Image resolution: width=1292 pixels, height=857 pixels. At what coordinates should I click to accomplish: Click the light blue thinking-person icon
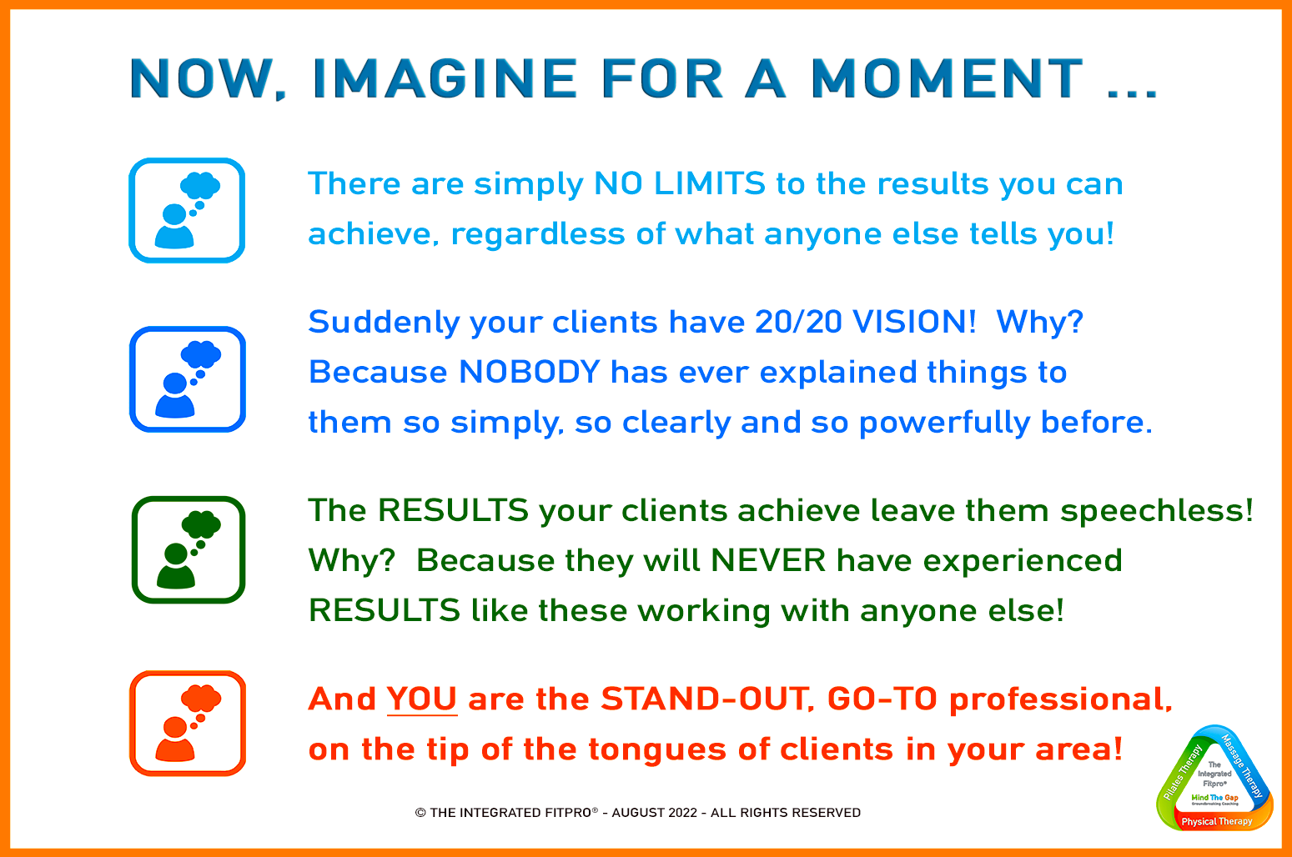pyautogui.click(x=187, y=210)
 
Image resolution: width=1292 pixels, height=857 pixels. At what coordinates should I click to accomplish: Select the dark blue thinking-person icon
pyautogui.click(x=188, y=379)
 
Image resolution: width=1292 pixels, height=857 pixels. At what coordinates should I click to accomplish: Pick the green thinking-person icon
pyautogui.click(x=189, y=550)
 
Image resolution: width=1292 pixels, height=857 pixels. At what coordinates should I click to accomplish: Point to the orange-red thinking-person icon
pyautogui.click(x=188, y=724)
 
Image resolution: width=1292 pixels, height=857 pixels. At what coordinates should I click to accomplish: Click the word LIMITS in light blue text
pyautogui.click(x=710, y=184)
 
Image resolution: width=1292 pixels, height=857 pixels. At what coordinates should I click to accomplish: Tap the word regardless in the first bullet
pyautogui.click(x=538, y=234)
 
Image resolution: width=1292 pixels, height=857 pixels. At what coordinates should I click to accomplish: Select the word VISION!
pyautogui.click(x=914, y=322)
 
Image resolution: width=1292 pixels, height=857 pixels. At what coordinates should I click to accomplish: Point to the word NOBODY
pyautogui.click(x=530, y=372)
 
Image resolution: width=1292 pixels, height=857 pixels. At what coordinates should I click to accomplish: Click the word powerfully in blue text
pyautogui.click(x=944, y=423)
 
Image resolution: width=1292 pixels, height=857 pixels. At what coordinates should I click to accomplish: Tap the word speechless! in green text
pyautogui.click(x=1156, y=511)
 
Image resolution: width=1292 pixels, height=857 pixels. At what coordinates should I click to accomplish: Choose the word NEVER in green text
pyautogui.click(x=768, y=560)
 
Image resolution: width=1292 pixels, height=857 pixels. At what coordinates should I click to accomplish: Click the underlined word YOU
pyautogui.click(x=421, y=699)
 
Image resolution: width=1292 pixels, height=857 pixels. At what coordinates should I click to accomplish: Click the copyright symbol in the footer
pyautogui.click(x=420, y=813)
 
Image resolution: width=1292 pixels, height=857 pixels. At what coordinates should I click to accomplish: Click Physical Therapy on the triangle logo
pyautogui.click(x=1216, y=821)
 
